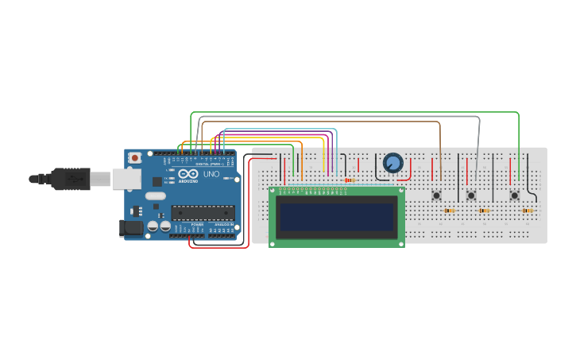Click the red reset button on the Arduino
click(x=134, y=158)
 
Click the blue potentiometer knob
click(x=392, y=163)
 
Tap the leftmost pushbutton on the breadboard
click(x=436, y=195)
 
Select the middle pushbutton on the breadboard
click(x=471, y=195)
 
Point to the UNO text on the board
click(x=211, y=174)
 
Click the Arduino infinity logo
click(x=188, y=174)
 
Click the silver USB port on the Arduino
click(x=126, y=180)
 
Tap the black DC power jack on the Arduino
click(x=131, y=229)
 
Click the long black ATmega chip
click(x=203, y=212)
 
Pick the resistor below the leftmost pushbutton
click(x=450, y=211)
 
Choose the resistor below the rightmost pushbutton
click(x=528, y=211)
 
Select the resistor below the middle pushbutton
click(x=485, y=211)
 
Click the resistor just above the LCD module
click(x=349, y=180)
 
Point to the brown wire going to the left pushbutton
click(x=439, y=143)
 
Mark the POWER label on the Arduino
click(x=196, y=225)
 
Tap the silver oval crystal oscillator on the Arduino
click(x=156, y=195)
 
